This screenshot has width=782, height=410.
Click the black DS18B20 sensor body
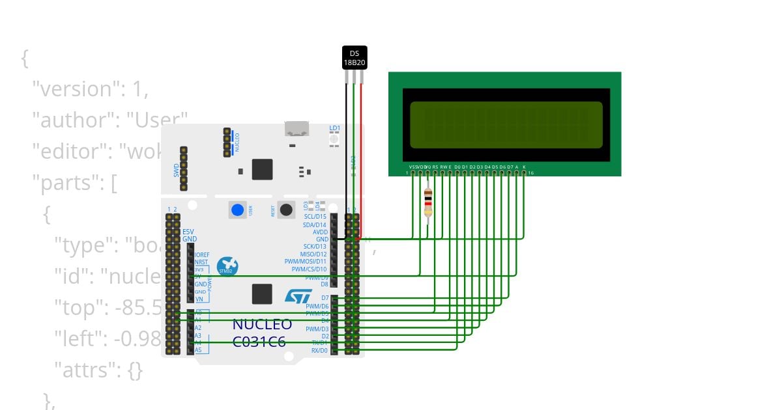click(355, 57)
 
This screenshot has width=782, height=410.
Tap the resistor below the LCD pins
click(427, 202)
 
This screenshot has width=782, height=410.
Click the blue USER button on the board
click(238, 210)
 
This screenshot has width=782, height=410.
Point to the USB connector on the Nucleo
click(297, 128)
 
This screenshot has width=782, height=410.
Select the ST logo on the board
click(298, 297)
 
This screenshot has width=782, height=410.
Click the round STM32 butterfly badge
click(227, 266)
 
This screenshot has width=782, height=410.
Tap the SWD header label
click(176, 171)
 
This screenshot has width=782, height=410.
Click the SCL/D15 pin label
click(315, 217)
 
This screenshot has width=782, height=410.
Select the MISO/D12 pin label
click(313, 254)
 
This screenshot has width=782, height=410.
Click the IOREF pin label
click(201, 254)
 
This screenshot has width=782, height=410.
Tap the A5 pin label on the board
click(197, 350)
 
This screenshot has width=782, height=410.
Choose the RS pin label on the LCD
click(435, 167)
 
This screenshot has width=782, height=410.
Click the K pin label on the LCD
click(524, 167)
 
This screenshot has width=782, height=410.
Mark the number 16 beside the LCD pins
click(531, 173)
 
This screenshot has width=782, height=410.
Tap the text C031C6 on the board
click(259, 341)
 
